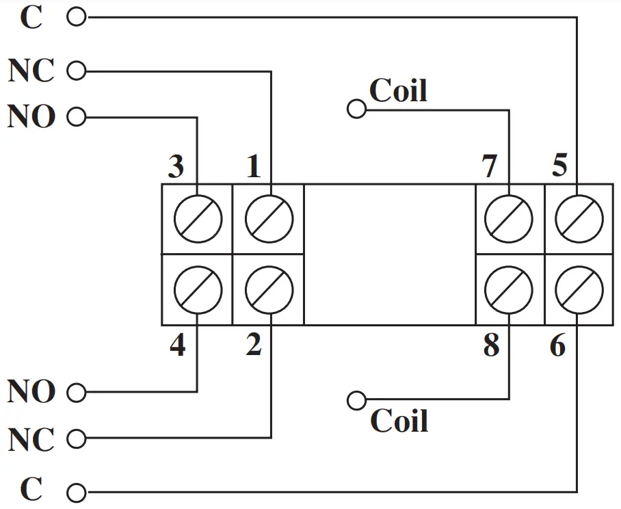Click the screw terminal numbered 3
pyautogui.click(x=198, y=219)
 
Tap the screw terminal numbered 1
pyautogui.click(x=269, y=219)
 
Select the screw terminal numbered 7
pyautogui.click(x=508, y=219)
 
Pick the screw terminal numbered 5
pyautogui.click(x=579, y=219)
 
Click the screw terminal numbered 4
pyautogui.click(x=198, y=289)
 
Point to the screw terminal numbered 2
pyautogui.click(x=269, y=289)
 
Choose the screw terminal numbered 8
pyautogui.click(x=508, y=289)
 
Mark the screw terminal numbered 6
pyautogui.click(x=579, y=289)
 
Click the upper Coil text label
pyautogui.click(x=398, y=90)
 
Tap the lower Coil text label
pyautogui.click(x=399, y=421)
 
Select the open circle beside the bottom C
pyautogui.click(x=77, y=492)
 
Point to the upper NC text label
pyautogui.click(x=31, y=70)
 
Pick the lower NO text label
pyautogui.click(x=31, y=393)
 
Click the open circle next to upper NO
pyautogui.click(x=77, y=118)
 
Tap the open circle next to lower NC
pyautogui.click(x=77, y=438)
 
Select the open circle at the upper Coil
pyautogui.click(x=356, y=108)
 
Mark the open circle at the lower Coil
pyautogui.click(x=356, y=400)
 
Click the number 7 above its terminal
pyautogui.click(x=489, y=167)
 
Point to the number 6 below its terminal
pyautogui.click(x=557, y=346)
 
